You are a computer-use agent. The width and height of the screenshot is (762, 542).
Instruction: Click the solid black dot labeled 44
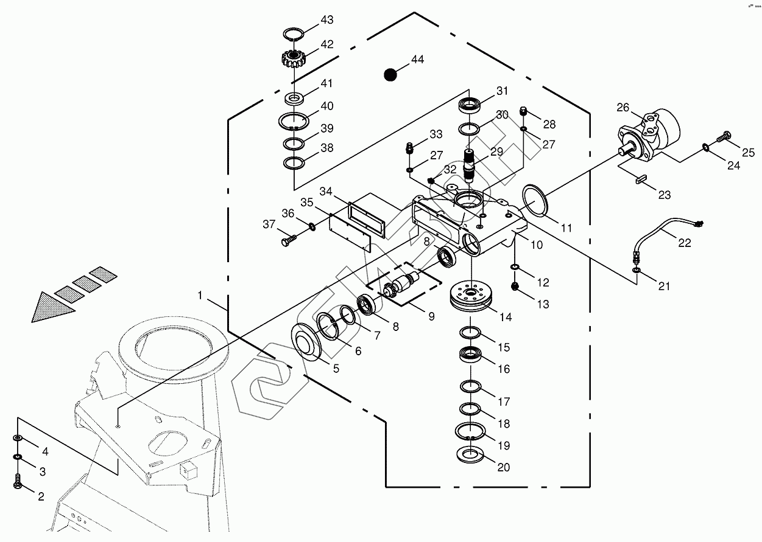tap(390, 74)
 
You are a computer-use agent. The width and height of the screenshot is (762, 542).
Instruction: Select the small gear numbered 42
tap(294, 58)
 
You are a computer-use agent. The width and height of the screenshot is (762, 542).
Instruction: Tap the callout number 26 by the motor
tap(623, 108)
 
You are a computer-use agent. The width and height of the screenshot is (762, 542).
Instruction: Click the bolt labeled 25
tap(724, 138)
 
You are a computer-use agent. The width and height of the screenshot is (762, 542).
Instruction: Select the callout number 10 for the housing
tap(537, 245)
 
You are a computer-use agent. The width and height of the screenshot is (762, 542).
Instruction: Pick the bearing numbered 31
tap(469, 105)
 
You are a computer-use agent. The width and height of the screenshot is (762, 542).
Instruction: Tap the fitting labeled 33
tap(410, 147)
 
